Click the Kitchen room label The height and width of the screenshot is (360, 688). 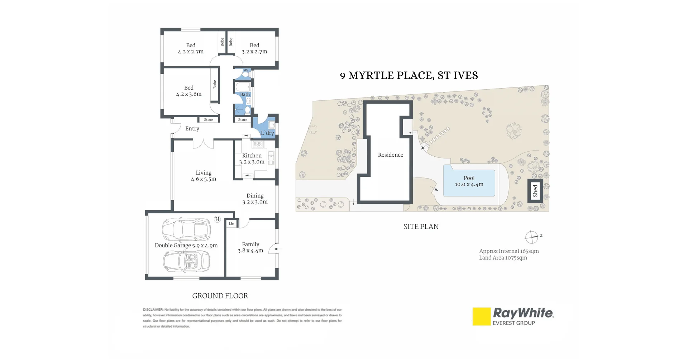pos(252,156)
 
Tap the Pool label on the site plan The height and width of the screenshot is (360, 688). pos(469,178)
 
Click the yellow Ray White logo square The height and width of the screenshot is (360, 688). pos(481,316)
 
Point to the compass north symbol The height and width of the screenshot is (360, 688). pos(532,237)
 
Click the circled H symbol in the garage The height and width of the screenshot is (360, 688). pos(217,219)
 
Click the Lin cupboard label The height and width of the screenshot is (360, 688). pos(231,224)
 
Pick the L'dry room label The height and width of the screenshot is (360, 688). pos(267,133)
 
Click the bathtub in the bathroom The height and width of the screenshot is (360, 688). pos(243,87)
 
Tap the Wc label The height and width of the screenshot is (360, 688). pos(246,70)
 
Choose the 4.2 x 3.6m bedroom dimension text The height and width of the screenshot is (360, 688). pos(189,94)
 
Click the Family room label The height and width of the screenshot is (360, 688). pos(250,244)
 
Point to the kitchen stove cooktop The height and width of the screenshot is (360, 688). pos(258,144)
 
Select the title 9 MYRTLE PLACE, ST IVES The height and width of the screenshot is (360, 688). pos(409,75)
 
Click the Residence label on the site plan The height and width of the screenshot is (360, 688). pos(391,155)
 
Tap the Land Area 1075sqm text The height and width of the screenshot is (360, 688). pos(503,258)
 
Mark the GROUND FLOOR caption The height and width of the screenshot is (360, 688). pos(220,296)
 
